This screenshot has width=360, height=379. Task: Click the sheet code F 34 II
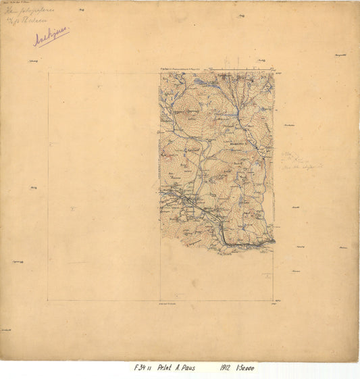(x=143, y=368)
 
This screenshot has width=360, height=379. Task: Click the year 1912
(x=226, y=368)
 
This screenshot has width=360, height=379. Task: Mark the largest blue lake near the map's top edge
(x=201, y=82)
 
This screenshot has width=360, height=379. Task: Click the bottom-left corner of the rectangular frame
(x=48, y=301)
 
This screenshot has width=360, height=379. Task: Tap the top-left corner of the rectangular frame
(x=48, y=73)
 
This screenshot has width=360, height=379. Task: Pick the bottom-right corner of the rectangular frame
(x=274, y=301)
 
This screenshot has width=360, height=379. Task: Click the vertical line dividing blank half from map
(x=160, y=270)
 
